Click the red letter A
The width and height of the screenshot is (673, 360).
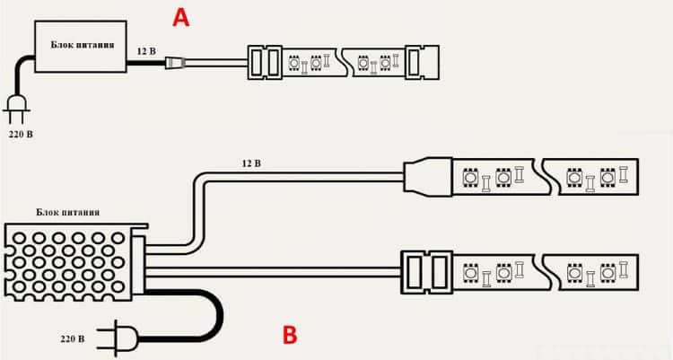point(180,18)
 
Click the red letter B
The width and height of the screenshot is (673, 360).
point(290,335)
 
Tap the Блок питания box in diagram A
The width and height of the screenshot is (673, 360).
point(81,47)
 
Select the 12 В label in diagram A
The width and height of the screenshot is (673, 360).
point(146,51)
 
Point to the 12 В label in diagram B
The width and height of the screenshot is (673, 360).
point(251,163)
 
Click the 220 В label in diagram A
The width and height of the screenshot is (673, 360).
point(21,134)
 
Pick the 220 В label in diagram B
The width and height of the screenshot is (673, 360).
point(72,339)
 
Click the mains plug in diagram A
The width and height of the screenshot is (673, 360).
point(17,109)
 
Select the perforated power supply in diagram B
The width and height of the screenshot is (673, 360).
point(76,261)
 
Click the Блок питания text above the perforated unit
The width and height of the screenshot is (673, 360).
point(68,212)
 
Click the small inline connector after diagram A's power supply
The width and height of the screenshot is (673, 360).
point(176,63)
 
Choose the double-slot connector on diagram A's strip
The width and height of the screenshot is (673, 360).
point(265,62)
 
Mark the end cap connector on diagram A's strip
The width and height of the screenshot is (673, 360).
point(422,62)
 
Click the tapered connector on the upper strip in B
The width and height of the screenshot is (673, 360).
point(428,177)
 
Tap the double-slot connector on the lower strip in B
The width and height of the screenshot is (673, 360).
point(426,272)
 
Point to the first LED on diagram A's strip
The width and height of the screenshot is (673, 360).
point(294,63)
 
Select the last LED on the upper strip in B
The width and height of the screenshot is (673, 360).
point(607,177)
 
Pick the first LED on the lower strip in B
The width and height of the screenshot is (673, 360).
point(471,272)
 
